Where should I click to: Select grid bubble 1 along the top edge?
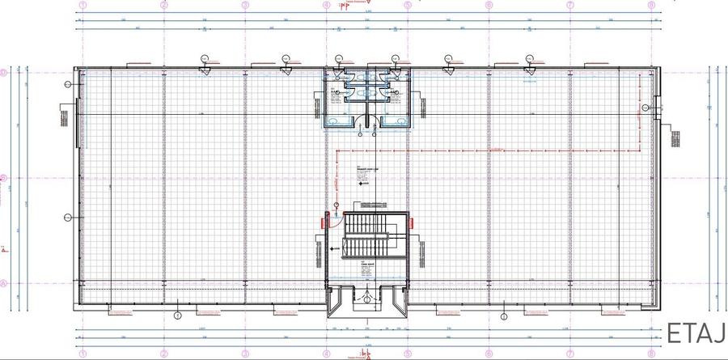(83, 4)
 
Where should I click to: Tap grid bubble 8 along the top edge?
(651, 4)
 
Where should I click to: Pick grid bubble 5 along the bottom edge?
(408, 354)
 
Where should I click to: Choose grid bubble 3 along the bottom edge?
(245, 354)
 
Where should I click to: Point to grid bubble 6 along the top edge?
(489, 4)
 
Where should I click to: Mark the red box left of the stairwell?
(325, 218)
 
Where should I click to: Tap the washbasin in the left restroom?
(338, 121)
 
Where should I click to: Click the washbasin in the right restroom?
(396, 121)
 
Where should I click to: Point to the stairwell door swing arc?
(334, 227)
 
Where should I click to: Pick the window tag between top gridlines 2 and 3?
(205, 58)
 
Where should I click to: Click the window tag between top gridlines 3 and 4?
(286, 58)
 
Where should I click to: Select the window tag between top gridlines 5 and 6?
(447, 58)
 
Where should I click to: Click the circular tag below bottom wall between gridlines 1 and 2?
(177, 315)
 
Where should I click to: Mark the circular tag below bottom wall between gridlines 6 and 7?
(504, 315)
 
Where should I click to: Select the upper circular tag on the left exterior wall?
(68, 83)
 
